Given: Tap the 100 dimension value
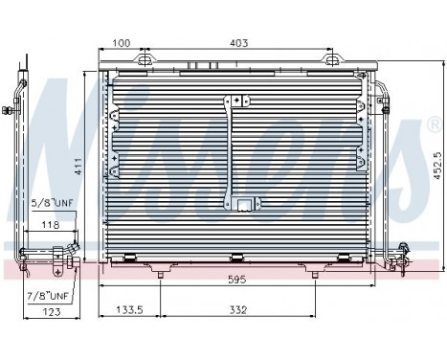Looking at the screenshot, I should coord(122,43).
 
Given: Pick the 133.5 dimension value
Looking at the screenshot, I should coord(129,310).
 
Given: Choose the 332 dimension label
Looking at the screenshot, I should coord(239,310).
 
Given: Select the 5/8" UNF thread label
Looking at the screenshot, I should coord(52,203).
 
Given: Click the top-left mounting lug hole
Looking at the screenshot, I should coord(145,61).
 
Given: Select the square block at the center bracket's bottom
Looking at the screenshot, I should coord(244,203).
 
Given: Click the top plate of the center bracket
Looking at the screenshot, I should coord(236,101).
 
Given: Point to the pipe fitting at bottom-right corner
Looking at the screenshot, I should coord(401,251).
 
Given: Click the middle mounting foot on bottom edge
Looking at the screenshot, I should coord(235,257).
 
